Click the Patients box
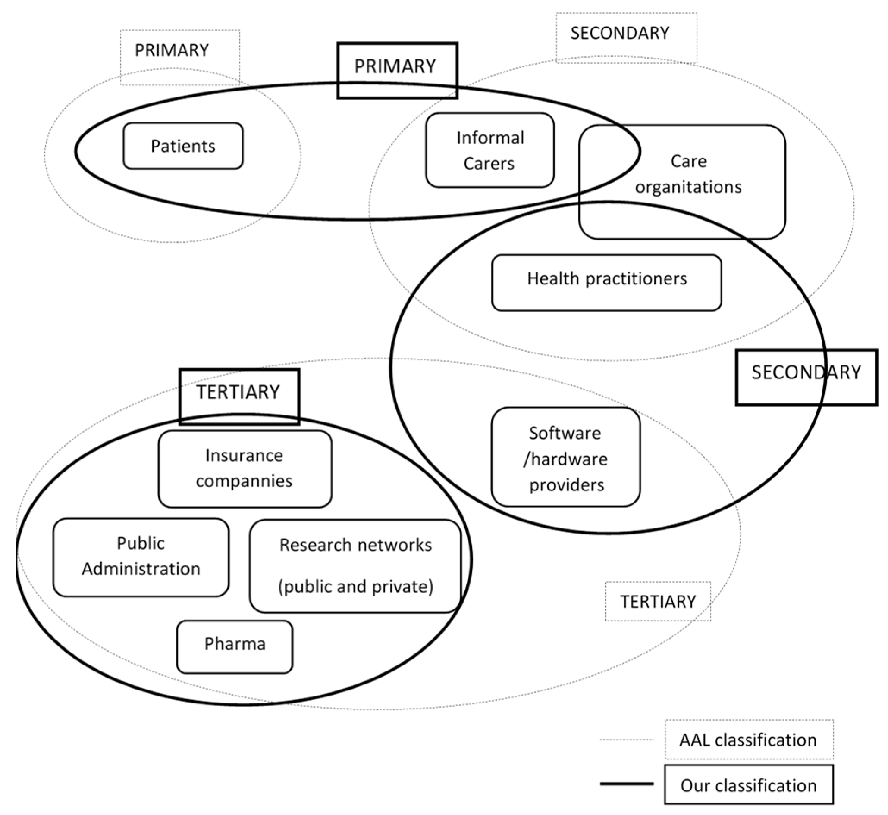pos(183,146)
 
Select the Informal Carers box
pos(489,150)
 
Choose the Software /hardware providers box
pos(565,457)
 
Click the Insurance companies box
pos(245,469)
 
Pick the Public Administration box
pos(141,557)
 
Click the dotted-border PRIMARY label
pos(172,51)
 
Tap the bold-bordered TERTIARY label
pos(239,393)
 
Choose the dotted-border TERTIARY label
pos(658,602)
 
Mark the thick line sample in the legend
pos(626,784)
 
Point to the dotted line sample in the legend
pos(626,740)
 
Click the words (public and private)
pos(355,587)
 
